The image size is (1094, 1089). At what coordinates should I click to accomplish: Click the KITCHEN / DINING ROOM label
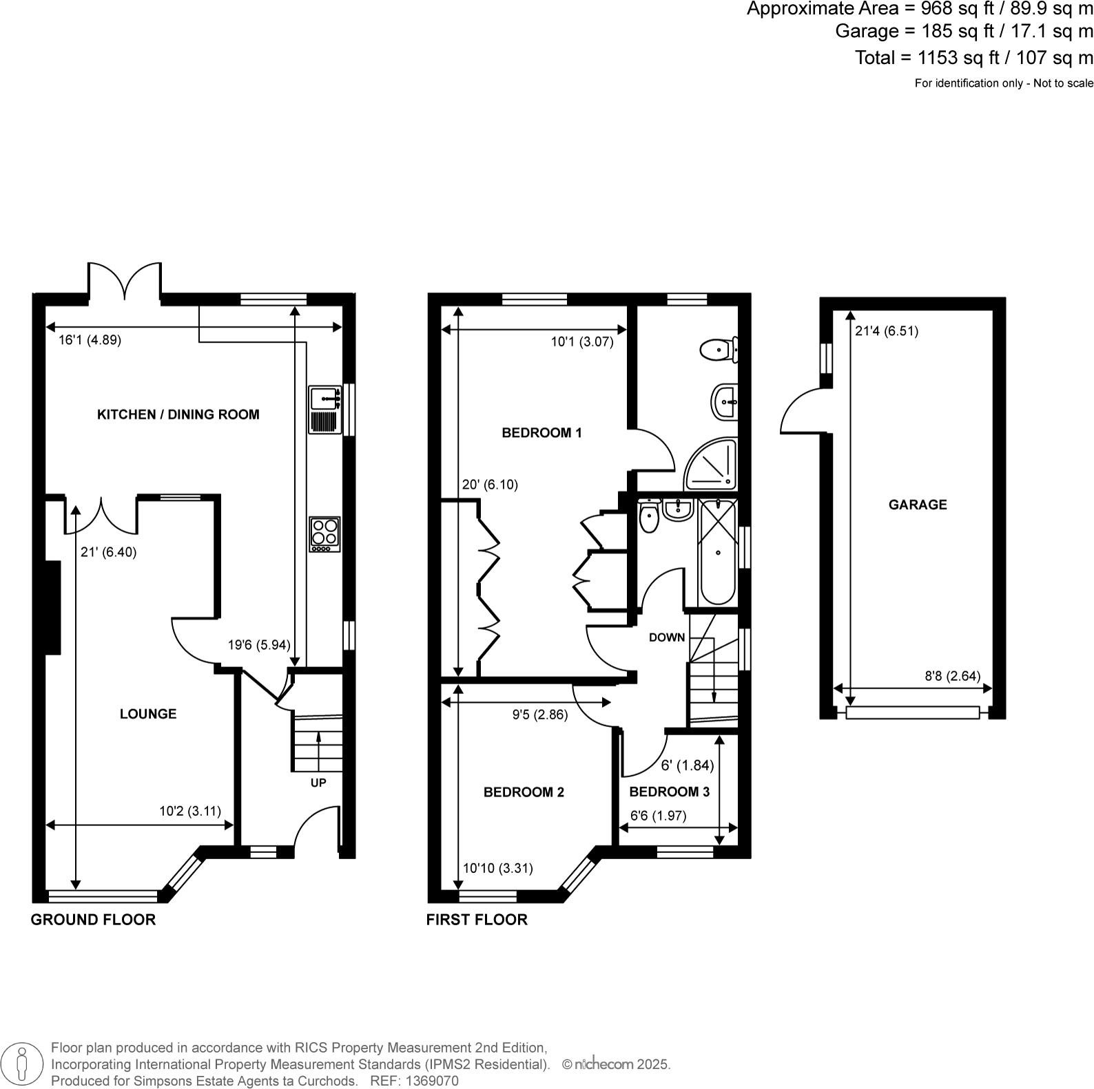(178, 414)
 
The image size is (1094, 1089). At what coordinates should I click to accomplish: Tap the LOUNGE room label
(148, 714)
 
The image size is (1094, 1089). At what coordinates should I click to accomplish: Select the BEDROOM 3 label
(669, 792)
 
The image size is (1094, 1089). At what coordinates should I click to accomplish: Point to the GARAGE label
(917, 505)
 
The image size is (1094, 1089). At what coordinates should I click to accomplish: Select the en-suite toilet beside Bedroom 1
(718, 349)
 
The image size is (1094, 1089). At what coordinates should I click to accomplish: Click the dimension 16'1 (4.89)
(90, 340)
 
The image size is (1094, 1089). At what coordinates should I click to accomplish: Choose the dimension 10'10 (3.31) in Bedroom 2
(497, 869)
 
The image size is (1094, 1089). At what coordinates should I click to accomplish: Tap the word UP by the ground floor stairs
(318, 783)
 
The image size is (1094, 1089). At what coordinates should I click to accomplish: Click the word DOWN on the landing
(666, 637)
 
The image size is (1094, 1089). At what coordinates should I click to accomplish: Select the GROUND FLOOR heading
(93, 920)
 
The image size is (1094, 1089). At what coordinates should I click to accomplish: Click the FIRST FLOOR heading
(476, 920)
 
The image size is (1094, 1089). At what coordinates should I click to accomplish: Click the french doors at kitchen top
(125, 282)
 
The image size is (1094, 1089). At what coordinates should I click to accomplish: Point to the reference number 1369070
(433, 1081)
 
